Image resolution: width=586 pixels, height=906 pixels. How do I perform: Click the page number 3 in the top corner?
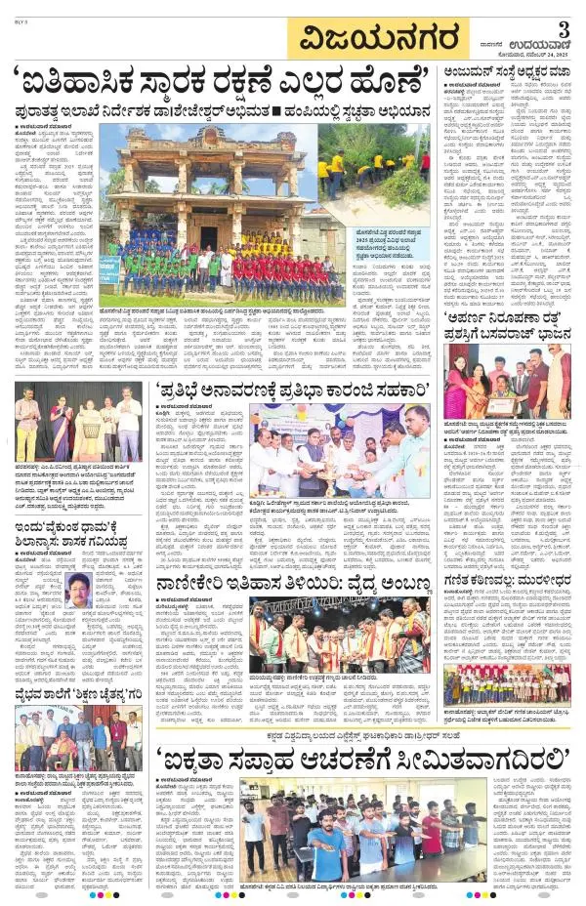coord(565,25)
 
